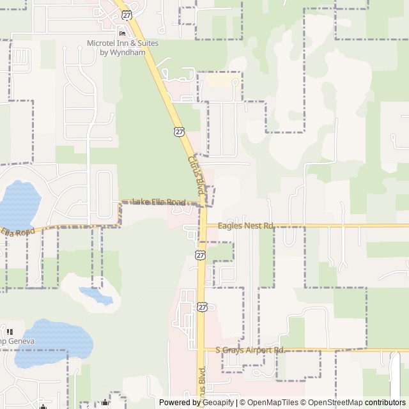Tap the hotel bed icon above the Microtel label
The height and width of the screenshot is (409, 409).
122,34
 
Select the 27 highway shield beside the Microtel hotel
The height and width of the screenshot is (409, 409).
127,14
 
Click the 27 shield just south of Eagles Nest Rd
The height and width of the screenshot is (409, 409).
200,254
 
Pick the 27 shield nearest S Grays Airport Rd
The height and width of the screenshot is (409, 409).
203,307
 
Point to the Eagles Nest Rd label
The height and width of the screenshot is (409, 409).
245,226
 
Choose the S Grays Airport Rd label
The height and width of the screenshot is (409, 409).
249,350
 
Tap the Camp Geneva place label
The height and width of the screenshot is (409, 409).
13,341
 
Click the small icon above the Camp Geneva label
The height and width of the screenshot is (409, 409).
10,331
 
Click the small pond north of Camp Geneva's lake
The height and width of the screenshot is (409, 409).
95,295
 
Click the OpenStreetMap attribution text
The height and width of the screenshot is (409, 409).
332,403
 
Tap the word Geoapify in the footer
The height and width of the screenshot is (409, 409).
216,403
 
